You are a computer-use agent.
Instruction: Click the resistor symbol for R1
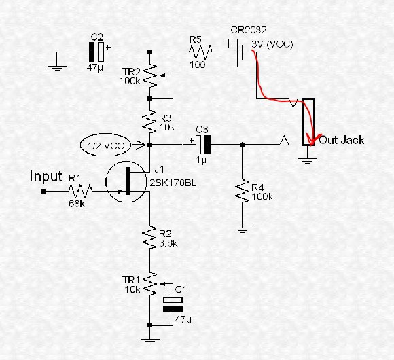pos(80,191)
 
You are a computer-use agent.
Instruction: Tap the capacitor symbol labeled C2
pos(96,52)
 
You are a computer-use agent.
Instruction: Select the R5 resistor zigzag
pos(200,52)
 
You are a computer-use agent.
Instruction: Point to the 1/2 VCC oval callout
pos(105,145)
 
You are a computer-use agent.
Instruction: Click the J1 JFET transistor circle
pos(126,181)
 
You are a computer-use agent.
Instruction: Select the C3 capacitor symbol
pos(203,145)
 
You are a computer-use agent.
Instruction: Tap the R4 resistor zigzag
pos(242,191)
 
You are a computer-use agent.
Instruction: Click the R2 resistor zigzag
pos(149,237)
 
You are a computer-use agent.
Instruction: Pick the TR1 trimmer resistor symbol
pos(151,284)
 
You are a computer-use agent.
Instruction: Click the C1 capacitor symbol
pos(173,304)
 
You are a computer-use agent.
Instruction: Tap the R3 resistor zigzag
pos(149,122)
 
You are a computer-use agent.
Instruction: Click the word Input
pos(46,176)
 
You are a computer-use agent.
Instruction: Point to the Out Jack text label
pos(342,140)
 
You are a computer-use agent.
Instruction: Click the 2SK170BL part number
pos(173,183)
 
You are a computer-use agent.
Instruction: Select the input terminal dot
pos(43,191)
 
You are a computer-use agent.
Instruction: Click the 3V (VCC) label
pos(272,44)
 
